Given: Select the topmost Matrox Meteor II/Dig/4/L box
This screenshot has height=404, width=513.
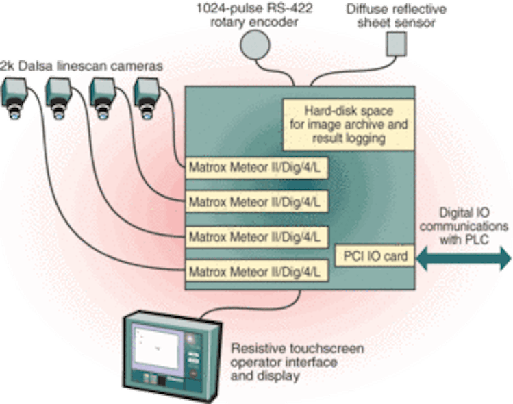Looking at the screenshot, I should [x=258, y=166].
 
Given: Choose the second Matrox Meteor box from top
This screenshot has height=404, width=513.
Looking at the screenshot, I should [x=258, y=201].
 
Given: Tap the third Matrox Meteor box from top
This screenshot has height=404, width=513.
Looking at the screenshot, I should [x=258, y=237].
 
